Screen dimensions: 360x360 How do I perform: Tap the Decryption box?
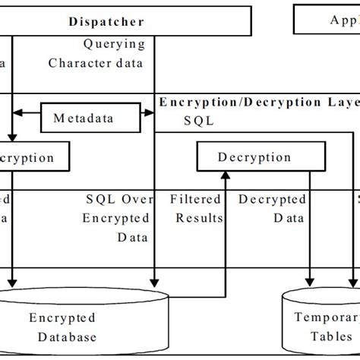pos(254,158)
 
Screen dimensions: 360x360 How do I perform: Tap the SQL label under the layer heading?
pos(199,120)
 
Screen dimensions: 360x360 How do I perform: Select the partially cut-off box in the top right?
pos(327,21)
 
